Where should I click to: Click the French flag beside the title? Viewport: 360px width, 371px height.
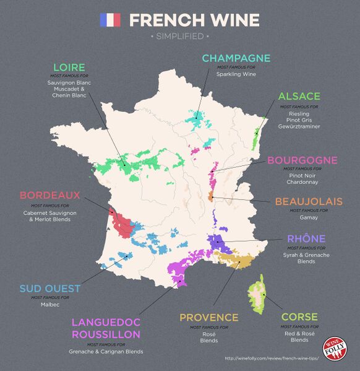[110, 20]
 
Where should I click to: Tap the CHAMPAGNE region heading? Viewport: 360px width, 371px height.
[236, 59]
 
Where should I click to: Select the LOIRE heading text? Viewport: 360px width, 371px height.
[69, 67]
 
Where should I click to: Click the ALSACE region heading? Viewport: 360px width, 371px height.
[299, 97]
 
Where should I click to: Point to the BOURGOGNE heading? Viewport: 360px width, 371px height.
[302, 160]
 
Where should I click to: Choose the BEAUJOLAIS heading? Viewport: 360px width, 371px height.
[309, 202]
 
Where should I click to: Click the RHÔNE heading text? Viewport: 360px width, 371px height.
[306, 239]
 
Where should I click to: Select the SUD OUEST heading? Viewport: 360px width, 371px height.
[50, 289]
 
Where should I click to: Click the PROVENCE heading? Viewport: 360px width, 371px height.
[209, 318]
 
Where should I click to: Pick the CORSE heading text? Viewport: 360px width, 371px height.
[299, 317]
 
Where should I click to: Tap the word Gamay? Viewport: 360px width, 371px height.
[309, 219]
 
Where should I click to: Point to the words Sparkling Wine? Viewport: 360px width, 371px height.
[236, 74]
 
